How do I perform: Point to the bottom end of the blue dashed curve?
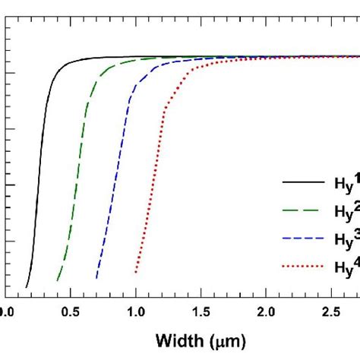coord(96,279)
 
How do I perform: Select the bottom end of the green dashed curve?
coord(58,281)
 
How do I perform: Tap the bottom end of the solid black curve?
coord(27,288)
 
